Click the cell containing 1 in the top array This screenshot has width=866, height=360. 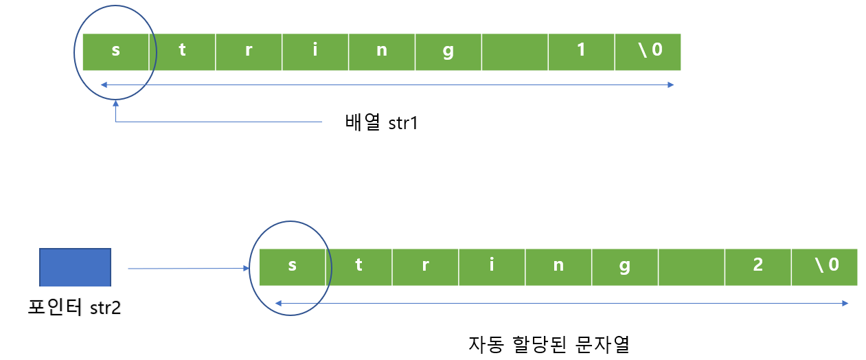581,52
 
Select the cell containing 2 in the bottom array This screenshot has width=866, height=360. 758,266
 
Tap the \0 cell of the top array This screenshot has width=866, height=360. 648,52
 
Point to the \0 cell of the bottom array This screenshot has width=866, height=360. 824,266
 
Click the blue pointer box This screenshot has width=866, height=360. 76,267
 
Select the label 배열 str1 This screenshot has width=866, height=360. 382,124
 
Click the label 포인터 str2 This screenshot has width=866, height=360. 74,307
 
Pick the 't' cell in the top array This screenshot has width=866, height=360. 182,52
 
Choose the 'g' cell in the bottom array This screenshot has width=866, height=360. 624,266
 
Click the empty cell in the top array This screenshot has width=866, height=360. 515,52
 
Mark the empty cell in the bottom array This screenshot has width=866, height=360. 692,266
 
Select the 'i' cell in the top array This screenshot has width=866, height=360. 315,52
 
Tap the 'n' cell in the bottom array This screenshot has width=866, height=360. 558,266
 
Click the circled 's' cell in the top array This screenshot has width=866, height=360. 115,52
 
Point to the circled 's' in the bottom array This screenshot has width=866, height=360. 292,266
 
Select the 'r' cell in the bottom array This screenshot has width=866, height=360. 425,266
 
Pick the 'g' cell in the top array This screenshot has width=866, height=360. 448,52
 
